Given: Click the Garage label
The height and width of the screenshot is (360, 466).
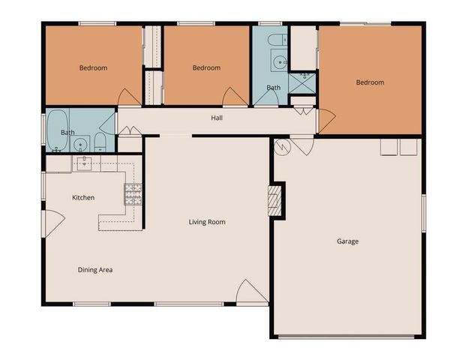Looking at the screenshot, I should click(x=347, y=241).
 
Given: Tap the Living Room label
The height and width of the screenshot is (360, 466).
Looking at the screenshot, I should click(x=207, y=222).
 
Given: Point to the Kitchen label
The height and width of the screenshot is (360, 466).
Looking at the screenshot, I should click(x=83, y=198).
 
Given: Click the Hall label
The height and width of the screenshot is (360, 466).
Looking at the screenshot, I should click(x=216, y=118).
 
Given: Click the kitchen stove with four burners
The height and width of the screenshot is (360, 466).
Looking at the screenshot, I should click(x=133, y=194).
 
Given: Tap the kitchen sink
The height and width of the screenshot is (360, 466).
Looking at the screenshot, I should click(x=83, y=163).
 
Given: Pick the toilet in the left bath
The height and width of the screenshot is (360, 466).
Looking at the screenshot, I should click(x=101, y=142).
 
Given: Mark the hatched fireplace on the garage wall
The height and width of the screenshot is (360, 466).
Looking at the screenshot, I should click(x=276, y=201).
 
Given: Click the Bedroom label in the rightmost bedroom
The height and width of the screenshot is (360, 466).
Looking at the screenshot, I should click(x=370, y=82).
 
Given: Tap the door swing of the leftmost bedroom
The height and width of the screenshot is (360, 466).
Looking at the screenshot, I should click(x=129, y=97).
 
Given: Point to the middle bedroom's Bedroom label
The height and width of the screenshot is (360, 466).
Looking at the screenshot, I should click(x=206, y=68).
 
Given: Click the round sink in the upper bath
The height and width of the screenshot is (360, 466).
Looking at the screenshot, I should click(x=279, y=61).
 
